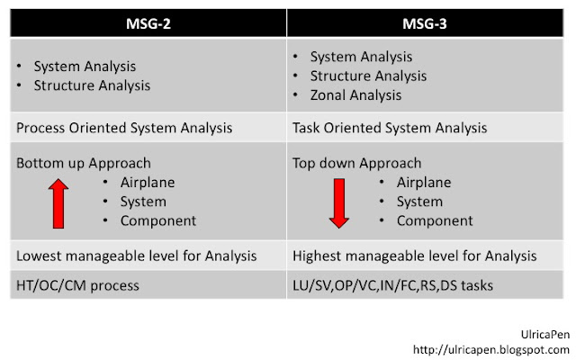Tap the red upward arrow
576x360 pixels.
pyautogui.click(x=58, y=202)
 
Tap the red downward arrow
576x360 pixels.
pyautogui.click(x=338, y=203)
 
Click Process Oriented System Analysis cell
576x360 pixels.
pyautogui.click(x=124, y=128)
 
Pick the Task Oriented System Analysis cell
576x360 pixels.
pyautogui.click(x=391, y=128)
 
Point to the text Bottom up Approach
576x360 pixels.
pyautogui.click(x=83, y=164)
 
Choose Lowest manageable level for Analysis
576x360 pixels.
pyautogui.click(x=136, y=256)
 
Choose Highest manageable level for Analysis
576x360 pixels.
pyautogui.click(x=415, y=256)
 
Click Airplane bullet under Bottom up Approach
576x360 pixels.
pyautogui.click(x=148, y=183)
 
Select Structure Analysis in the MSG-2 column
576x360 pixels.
pyautogui.click(x=92, y=86)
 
